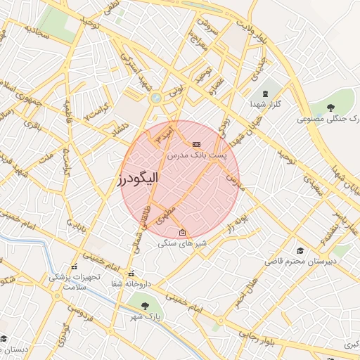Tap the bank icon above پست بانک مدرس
(x=195, y=143)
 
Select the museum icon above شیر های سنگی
(x=183, y=233)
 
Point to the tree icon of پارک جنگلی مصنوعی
(x=330, y=107)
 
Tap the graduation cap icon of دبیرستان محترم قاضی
(x=300, y=250)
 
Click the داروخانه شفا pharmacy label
(x=131, y=284)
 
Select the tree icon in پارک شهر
(x=145, y=306)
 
